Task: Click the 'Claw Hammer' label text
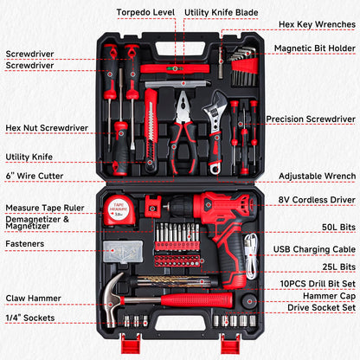32,299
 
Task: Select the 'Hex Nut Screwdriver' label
47,128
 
